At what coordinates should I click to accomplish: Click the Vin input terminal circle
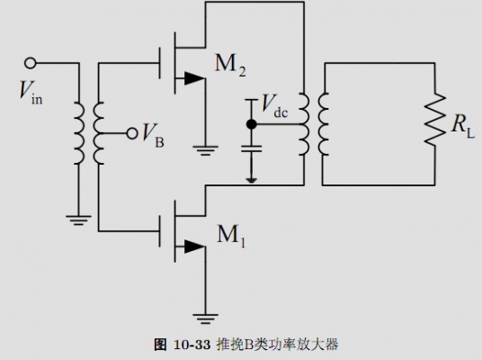pos(31,63)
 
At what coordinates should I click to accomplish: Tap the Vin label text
pos(31,91)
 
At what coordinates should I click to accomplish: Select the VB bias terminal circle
pos(132,133)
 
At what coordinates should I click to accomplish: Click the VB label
pos(153,136)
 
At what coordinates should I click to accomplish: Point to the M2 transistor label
pos(230,65)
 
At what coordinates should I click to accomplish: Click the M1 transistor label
pos(231,236)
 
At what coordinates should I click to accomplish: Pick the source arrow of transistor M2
pos(194,78)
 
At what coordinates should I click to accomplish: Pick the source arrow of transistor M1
pos(194,247)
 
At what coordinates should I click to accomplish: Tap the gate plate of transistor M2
pos(159,63)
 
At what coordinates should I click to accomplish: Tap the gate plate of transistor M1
pos(159,230)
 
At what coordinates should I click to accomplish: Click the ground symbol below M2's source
pos(205,150)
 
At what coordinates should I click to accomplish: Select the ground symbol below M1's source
pos(205,319)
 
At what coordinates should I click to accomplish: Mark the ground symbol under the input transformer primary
pos(78,220)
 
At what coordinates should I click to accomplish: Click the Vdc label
pos(275,106)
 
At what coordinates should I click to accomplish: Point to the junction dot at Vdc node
pos(252,124)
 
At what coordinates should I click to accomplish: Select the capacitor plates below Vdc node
pos(252,148)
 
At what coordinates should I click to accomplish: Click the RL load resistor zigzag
pos(434,120)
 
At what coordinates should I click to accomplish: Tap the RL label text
pos(463,125)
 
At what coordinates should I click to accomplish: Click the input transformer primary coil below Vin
pos(78,133)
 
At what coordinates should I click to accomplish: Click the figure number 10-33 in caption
pos(192,345)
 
